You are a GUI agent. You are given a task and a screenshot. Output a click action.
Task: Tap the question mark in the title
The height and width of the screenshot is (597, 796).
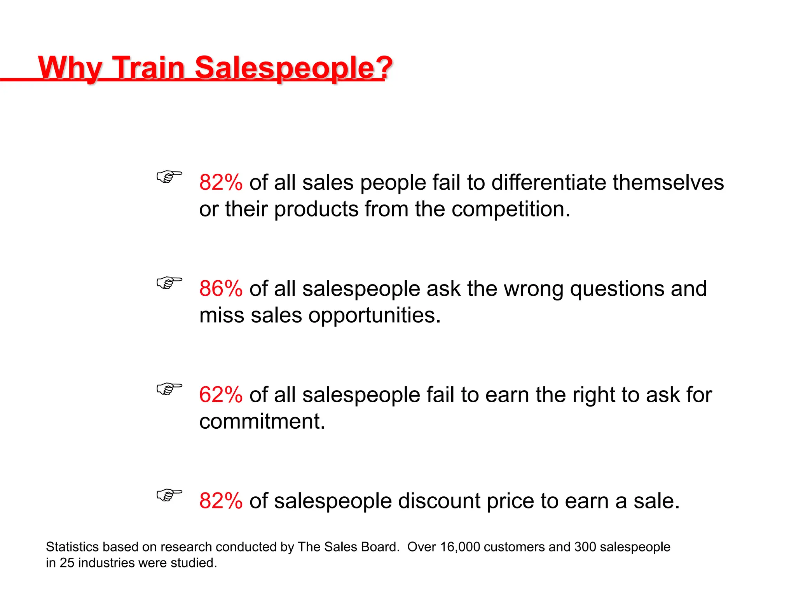point(384,68)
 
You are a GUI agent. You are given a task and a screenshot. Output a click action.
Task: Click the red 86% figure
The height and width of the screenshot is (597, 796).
point(221,289)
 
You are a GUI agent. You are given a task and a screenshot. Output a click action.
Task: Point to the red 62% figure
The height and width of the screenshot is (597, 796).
point(221,395)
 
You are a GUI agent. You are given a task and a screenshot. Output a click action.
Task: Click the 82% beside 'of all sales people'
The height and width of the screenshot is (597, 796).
point(221,183)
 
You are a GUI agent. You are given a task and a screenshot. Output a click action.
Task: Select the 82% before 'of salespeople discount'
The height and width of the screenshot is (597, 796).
point(221,501)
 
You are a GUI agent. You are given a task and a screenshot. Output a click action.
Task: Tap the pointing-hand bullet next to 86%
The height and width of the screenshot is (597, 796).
point(169,283)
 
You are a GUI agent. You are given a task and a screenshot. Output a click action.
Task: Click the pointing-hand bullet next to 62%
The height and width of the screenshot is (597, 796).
point(169,389)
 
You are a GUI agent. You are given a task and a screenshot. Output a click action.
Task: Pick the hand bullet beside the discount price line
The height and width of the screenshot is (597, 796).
point(169,495)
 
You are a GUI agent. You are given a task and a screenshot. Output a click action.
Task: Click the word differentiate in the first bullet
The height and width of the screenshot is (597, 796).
point(548,183)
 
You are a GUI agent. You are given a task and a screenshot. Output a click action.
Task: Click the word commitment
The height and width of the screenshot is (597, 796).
point(262,421)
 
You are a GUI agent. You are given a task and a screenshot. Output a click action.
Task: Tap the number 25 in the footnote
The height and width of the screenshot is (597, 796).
point(67,563)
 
